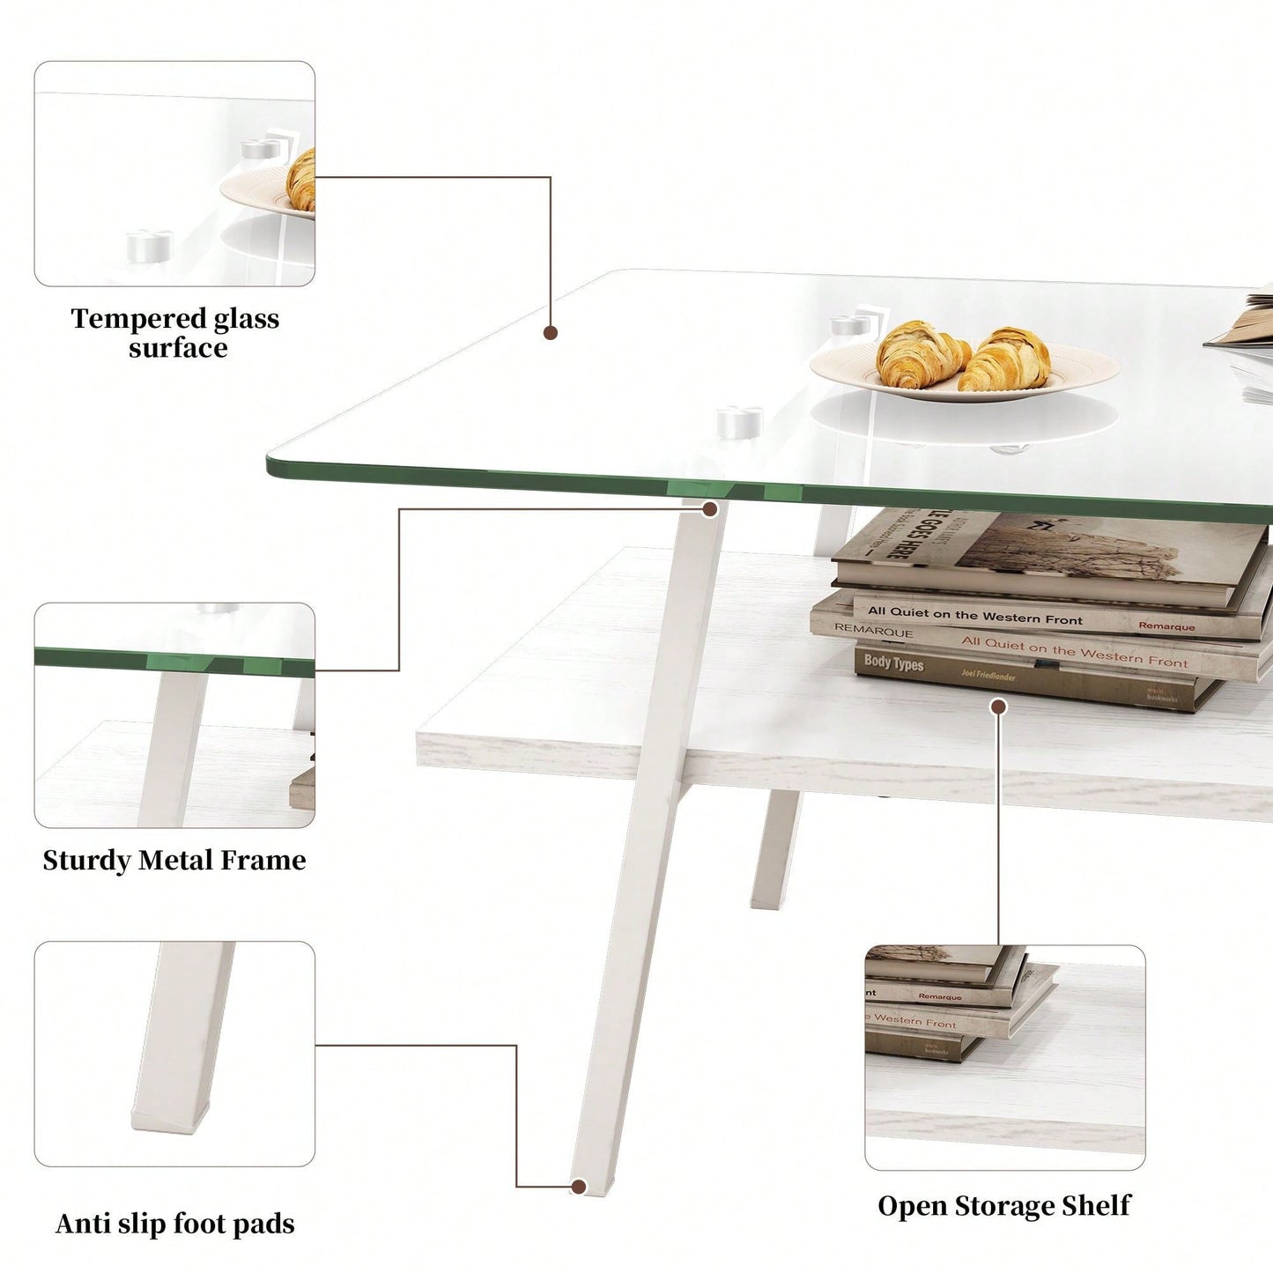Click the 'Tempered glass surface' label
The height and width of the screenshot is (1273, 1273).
pyautogui.click(x=175, y=332)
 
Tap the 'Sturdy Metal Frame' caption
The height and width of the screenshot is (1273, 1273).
pyautogui.click(x=174, y=860)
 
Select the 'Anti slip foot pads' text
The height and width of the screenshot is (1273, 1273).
pyautogui.click(x=174, y=1224)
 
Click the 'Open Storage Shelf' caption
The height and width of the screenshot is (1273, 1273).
pyautogui.click(x=1004, y=1206)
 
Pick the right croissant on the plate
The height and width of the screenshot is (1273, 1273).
pyautogui.click(x=1006, y=359)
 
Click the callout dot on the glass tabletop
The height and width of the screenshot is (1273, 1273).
pyautogui.click(x=551, y=332)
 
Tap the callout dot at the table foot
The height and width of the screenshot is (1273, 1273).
pyautogui.click(x=579, y=1187)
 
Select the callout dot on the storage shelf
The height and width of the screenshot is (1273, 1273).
pyautogui.click(x=998, y=707)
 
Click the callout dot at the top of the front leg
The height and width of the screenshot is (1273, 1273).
pyautogui.click(x=710, y=509)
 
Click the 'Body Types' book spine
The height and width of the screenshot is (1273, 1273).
pyautogui.click(x=894, y=662)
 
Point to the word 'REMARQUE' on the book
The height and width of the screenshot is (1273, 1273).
pyautogui.click(x=873, y=631)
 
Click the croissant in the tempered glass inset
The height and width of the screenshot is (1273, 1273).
pyautogui.click(x=302, y=180)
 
